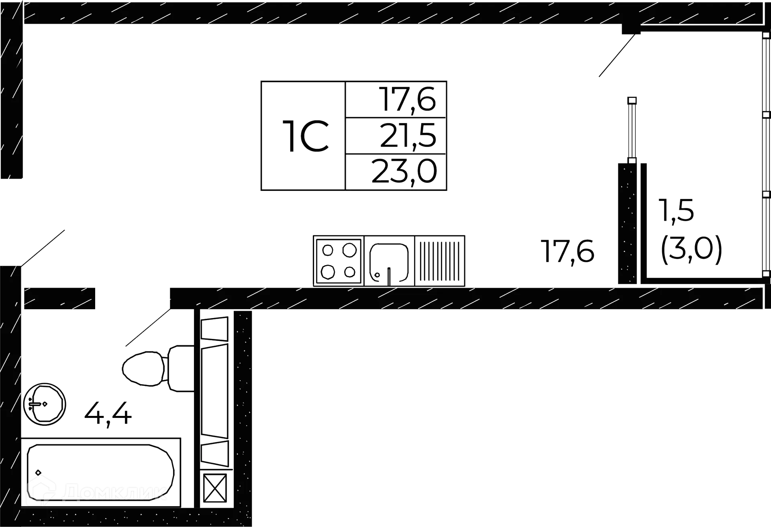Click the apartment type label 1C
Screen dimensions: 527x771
click(x=306, y=136)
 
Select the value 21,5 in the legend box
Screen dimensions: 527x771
click(x=407, y=136)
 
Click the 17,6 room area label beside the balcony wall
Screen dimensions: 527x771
click(x=567, y=251)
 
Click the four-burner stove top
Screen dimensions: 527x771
click(x=339, y=261)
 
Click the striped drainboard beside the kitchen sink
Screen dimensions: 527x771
click(x=440, y=261)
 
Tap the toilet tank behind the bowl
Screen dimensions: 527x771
click(x=180, y=368)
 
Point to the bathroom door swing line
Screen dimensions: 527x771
click(x=147, y=328)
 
